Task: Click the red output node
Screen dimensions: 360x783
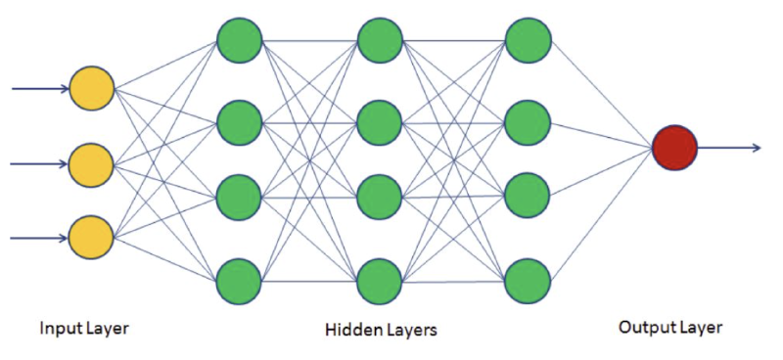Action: point(673,149)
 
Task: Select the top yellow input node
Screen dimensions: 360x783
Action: point(91,88)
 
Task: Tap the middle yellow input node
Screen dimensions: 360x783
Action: point(91,162)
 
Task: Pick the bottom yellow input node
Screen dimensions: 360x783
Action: point(91,237)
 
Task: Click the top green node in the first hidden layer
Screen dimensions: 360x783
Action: point(239,41)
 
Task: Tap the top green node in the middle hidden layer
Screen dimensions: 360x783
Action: point(380,41)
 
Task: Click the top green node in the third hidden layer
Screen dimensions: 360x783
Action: point(528,41)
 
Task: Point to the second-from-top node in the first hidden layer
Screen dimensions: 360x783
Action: point(239,122)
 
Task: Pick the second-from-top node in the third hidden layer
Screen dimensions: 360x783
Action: point(528,122)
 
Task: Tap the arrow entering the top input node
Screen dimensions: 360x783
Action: point(39,88)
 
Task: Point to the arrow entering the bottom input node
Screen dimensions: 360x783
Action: point(39,237)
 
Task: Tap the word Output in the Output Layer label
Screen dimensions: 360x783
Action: point(643,328)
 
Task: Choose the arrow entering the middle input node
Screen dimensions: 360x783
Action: point(39,162)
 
